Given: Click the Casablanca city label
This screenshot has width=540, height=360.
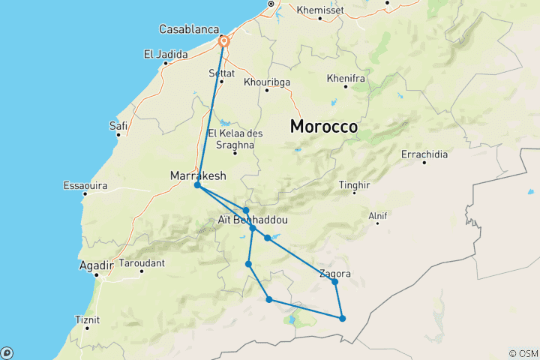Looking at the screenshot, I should click(187, 29).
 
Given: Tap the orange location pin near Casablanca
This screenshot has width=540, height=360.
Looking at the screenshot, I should click(223, 41).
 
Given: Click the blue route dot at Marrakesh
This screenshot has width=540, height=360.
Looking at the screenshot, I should click(197, 185).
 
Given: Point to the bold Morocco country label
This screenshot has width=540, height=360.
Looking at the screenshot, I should click(324, 127).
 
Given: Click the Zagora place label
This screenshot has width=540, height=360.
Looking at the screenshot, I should click(334, 274).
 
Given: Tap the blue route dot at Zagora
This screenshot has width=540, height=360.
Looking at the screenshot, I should click(335, 282).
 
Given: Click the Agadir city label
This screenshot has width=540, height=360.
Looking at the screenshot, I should click(96, 265).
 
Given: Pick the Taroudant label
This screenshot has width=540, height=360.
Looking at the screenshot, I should click(141, 263).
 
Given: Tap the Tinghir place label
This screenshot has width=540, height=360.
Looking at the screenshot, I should click(355, 184).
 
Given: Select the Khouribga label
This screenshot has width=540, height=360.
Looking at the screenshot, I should click(267, 82).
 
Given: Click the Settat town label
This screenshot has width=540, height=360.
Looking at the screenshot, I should click(221, 73).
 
